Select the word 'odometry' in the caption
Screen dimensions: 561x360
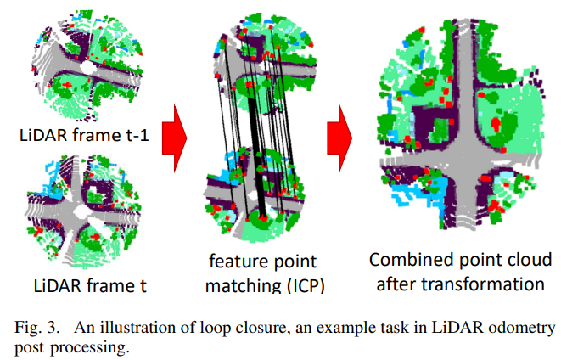525,327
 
